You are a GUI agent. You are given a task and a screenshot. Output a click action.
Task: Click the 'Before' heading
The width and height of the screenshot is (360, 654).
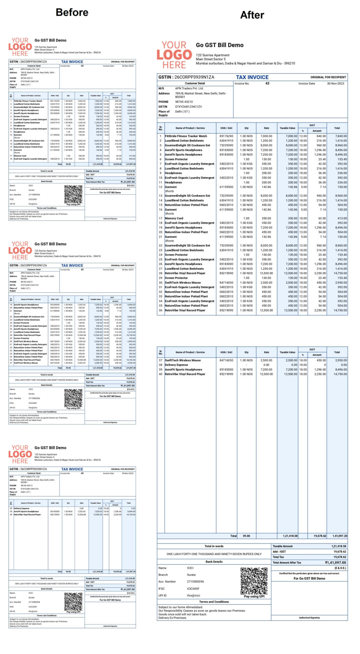pos(72,12)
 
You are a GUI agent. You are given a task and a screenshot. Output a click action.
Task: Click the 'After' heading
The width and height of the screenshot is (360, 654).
pos(252,15)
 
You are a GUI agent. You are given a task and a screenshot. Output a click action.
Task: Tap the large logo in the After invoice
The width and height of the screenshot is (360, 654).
pos(174,55)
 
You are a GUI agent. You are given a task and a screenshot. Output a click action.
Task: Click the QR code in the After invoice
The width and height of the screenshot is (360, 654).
pos(254,581)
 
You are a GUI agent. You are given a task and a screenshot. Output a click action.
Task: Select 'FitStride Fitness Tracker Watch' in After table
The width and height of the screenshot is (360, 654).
pos(186,136)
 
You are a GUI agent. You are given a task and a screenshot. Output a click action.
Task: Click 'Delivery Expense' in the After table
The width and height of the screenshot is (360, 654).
pos(176,365)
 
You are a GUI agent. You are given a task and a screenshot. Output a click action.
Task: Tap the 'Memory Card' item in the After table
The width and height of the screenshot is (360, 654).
pos(174,218)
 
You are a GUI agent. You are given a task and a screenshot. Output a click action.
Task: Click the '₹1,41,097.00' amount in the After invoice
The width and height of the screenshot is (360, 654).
pos(335,562)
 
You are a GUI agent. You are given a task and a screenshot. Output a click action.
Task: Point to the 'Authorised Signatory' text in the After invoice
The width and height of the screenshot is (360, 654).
pos(309,618)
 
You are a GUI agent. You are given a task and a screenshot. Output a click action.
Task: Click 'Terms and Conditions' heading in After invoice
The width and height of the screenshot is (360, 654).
pos(214,601)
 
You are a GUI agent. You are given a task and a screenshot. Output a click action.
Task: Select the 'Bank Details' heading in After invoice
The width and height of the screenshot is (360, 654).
pos(214,562)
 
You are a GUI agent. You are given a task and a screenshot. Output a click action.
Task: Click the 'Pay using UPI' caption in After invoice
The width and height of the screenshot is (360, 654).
pos(254,596)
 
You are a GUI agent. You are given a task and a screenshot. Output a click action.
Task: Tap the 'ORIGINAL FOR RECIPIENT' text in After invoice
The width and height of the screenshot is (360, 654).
pos(328,77)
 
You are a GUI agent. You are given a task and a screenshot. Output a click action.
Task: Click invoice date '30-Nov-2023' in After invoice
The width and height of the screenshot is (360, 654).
pos(335,84)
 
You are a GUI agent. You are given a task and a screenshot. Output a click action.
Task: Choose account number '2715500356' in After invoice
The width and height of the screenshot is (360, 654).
pos(196,582)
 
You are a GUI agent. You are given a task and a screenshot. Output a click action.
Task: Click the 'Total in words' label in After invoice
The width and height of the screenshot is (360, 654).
pos(214,546)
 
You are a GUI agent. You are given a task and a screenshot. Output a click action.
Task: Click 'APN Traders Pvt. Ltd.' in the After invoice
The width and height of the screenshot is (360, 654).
pos(189,88)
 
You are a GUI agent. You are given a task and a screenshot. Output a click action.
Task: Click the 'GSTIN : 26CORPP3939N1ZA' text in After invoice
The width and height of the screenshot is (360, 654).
pos(186,77)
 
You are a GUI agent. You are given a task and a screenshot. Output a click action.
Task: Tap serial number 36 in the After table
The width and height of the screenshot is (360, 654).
pos(160,310)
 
